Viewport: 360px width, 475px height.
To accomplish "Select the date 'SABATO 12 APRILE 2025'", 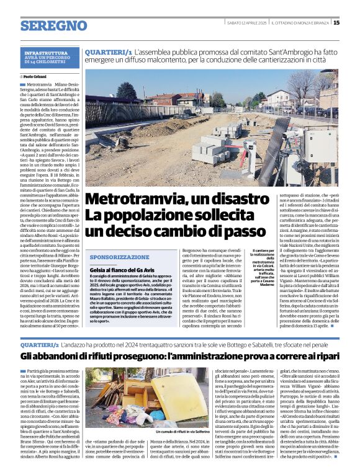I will [247, 23].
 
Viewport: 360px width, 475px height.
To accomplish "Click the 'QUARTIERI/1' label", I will [108, 53].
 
